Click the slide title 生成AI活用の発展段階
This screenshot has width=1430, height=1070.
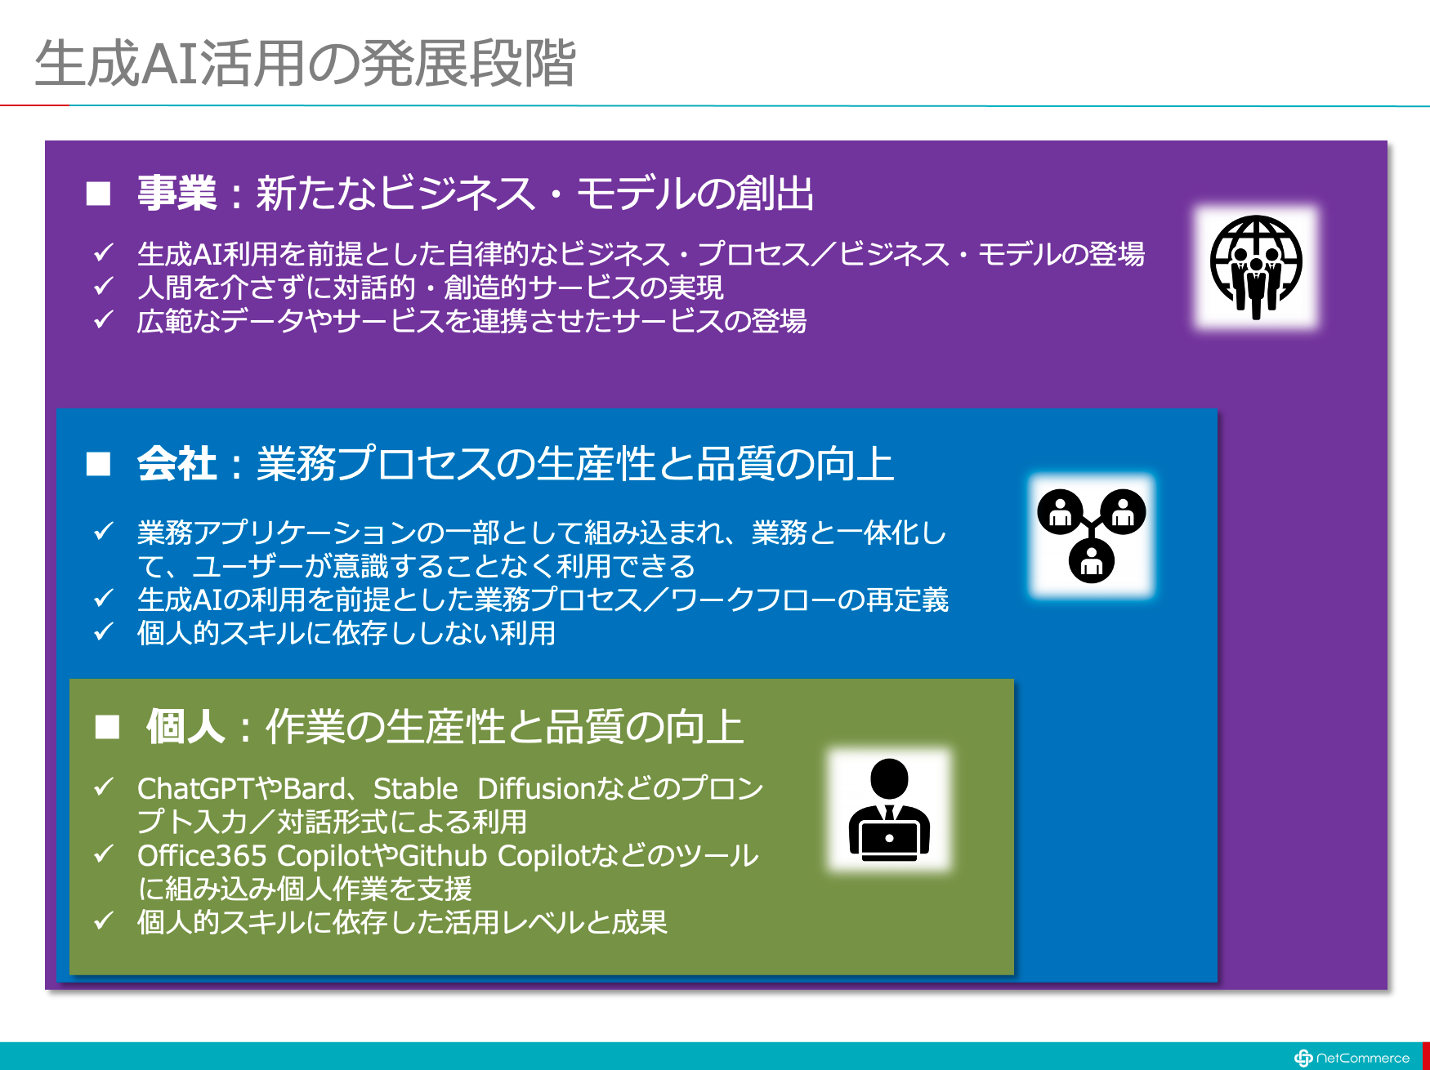tap(306, 63)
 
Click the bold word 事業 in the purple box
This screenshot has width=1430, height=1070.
tap(177, 194)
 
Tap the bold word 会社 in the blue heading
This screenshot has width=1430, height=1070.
tap(177, 464)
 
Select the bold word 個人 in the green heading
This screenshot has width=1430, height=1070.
tap(185, 726)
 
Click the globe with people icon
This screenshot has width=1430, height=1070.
tap(1256, 267)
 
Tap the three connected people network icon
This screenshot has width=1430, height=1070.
tap(1092, 536)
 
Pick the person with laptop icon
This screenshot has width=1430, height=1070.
tap(890, 809)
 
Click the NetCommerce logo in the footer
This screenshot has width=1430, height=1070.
tap(1352, 1058)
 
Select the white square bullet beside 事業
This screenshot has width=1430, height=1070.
tap(99, 194)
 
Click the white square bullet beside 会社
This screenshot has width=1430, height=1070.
tap(99, 464)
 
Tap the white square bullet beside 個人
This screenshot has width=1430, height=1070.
tap(107, 726)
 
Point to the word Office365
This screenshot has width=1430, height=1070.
tap(202, 856)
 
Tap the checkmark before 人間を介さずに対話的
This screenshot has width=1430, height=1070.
tap(103, 286)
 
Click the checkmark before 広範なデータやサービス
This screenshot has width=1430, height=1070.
tap(103, 319)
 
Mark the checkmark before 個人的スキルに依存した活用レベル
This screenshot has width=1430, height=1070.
tap(103, 921)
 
